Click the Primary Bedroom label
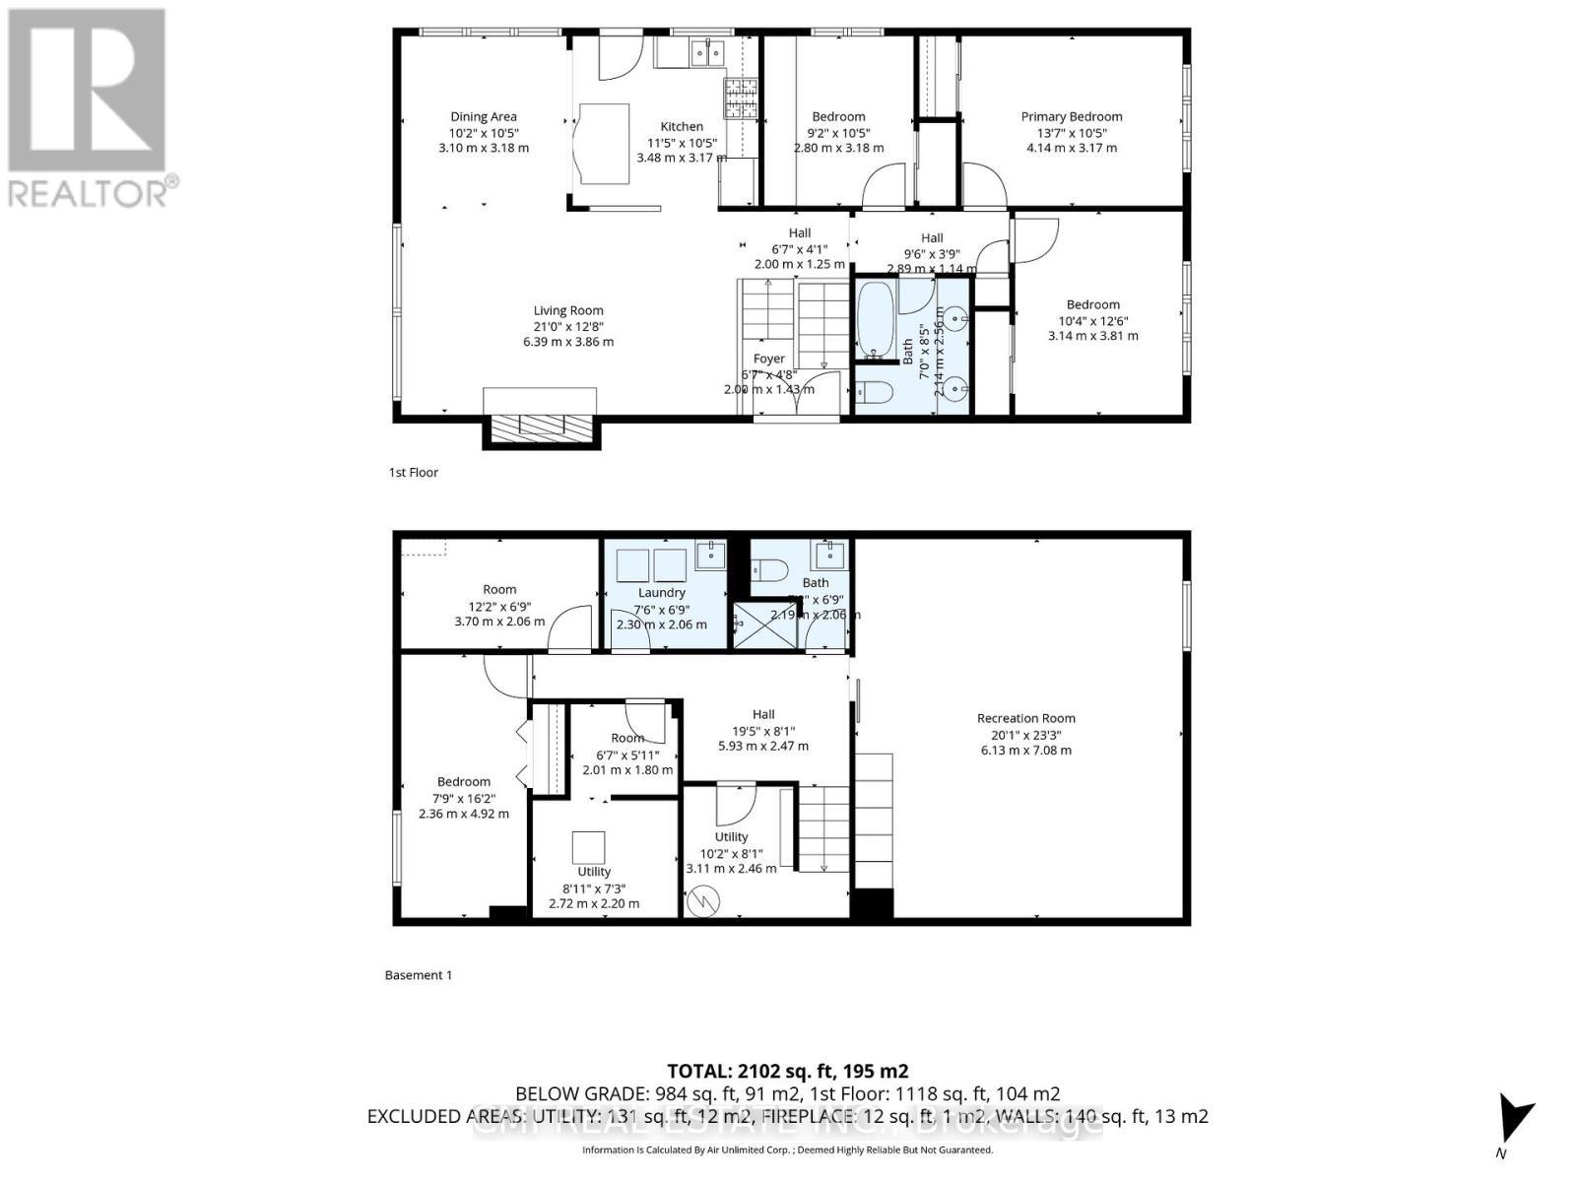tap(1071, 116)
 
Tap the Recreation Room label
tap(1025, 718)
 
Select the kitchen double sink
tap(707, 51)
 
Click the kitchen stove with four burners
tap(741, 97)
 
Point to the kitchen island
tap(603, 144)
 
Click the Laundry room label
tap(661, 592)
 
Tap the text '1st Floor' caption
tap(413, 472)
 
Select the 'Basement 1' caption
tap(418, 975)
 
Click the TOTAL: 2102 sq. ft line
tap(787, 1071)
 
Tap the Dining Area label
tap(483, 116)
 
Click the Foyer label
tap(768, 359)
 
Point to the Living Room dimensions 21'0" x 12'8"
tap(567, 326)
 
